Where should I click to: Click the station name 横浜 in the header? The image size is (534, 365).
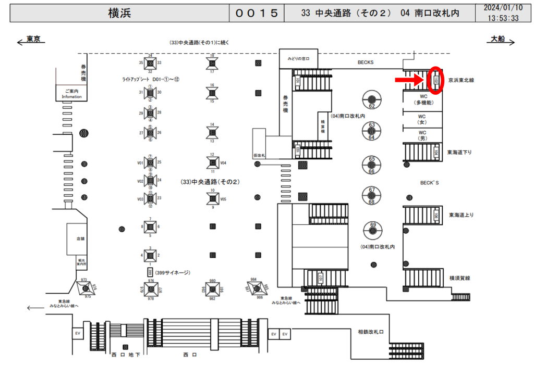click(x=119, y=13)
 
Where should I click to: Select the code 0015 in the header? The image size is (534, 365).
click(x=257, y=13)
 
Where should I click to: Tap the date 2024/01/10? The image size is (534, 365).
click(x=503, y=8)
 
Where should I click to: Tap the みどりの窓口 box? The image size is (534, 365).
click(x=295, y=58)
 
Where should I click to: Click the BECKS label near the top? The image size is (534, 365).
click(x=365, y=62)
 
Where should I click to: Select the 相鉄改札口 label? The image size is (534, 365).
click(x=371, y=332)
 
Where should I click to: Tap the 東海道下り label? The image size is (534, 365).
click(x=459, y=153)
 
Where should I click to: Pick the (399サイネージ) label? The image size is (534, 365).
click(x=173, y=272)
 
